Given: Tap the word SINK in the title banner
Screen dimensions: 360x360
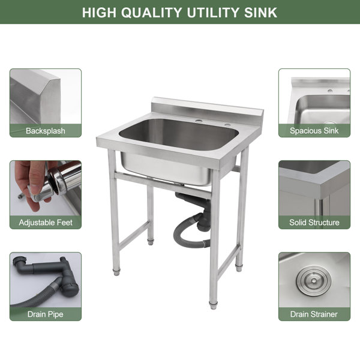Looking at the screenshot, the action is click(x=260, y=13).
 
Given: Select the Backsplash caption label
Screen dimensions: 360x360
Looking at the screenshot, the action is click(x=46, y=131).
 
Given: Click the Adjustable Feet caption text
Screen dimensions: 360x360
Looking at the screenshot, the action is click(x=46, y=223).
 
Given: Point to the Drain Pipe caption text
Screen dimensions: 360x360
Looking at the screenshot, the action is click(x=46, y=314).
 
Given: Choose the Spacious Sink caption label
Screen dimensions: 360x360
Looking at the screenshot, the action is click(x=314, y=131).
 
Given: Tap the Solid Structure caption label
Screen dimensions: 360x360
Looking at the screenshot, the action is click(x=314, y=222).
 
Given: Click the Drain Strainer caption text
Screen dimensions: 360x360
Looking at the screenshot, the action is click(x=314, y=314).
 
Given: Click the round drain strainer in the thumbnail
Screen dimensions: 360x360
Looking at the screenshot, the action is click(x=313, y=280).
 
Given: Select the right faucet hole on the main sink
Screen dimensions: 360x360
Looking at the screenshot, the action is click(x=227, y=125).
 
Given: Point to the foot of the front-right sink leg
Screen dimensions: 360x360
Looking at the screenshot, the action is click(x=213, y=305).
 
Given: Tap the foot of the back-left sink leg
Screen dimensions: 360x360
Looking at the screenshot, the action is click(x=151, y=242).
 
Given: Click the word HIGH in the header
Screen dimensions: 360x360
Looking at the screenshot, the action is click(x=99, y=13).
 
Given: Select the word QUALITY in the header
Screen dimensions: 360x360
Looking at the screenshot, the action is click(x=152, y=13).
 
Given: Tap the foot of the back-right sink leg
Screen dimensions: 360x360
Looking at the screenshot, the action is click(x=239, y=268).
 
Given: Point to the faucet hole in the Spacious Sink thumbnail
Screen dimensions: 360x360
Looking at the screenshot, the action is click(x=330, y=91).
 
